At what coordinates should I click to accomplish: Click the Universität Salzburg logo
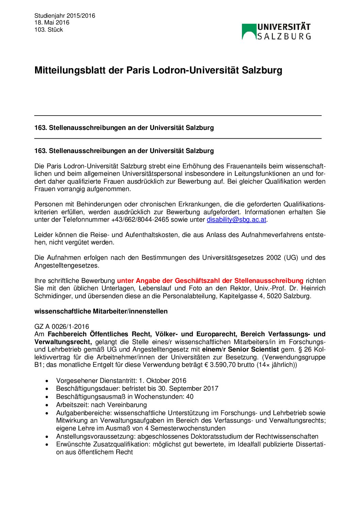coord(276,32)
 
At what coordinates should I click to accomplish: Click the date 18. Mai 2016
coord(52,22)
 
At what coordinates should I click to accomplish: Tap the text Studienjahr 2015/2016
coord(65,16)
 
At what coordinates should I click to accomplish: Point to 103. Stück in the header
coord(49,30)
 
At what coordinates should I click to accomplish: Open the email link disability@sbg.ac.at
coord(236,220)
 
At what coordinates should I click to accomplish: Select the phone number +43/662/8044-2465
coord(140,220)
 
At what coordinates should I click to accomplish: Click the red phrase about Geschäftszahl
coord(210,281)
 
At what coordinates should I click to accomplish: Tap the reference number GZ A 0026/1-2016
coord(62,327)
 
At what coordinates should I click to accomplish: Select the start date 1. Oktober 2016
coord(163,381)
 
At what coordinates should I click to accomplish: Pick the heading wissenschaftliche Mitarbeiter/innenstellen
coord(101,311)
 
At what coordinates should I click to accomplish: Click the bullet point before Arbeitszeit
coord(47,405)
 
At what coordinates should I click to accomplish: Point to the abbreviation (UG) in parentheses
coord(291,258)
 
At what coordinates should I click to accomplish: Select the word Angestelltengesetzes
coord(67,266)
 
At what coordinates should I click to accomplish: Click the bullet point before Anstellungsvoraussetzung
coord(47,437)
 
